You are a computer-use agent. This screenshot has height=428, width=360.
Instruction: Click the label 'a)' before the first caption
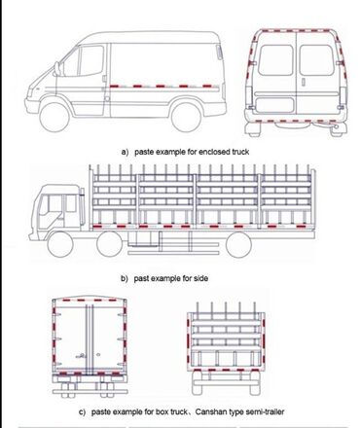tap(125, 152)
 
